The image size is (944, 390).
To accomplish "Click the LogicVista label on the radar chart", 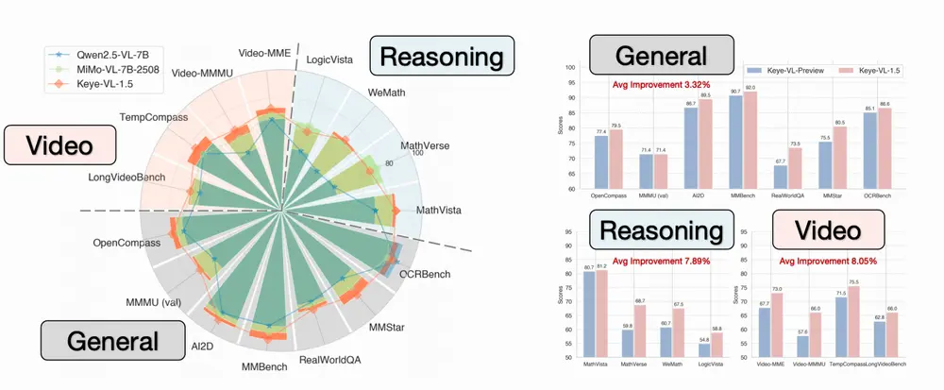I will pyautogui.click(x=330, y=60).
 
